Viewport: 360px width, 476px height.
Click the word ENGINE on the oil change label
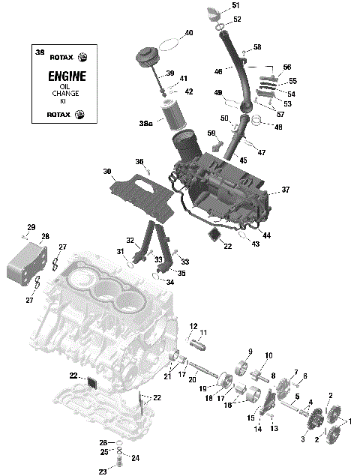(67, 76)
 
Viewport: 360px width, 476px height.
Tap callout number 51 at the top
(235, 6)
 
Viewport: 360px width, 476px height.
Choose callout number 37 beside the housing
(285, 190)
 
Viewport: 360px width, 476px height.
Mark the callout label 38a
(145, 122)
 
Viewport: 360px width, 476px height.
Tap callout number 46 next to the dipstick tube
(218, 72)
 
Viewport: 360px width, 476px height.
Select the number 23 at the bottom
(103, 472)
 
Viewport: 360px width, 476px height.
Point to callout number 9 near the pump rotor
(249, 352)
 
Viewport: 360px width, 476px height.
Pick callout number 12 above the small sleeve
(193, 327)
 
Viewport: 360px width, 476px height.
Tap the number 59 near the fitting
(211, 133)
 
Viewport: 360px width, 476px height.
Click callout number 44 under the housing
(266, 235)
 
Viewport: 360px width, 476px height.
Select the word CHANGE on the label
(67, 94)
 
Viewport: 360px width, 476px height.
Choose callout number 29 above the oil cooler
(31, 227)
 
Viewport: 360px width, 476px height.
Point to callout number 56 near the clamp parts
(286, 67)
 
